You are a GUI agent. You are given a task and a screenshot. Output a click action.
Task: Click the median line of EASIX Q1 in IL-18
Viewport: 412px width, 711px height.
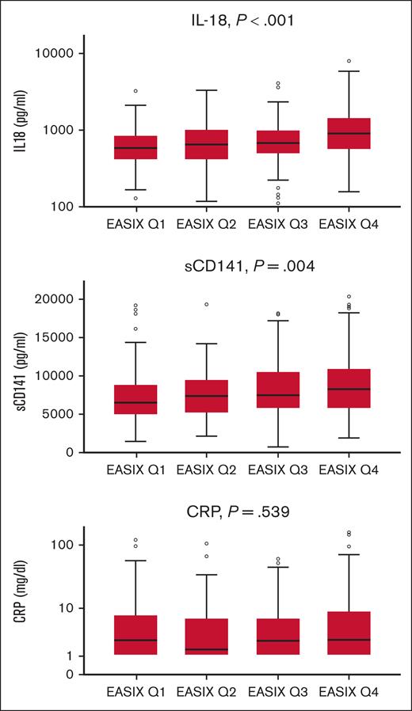135,148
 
